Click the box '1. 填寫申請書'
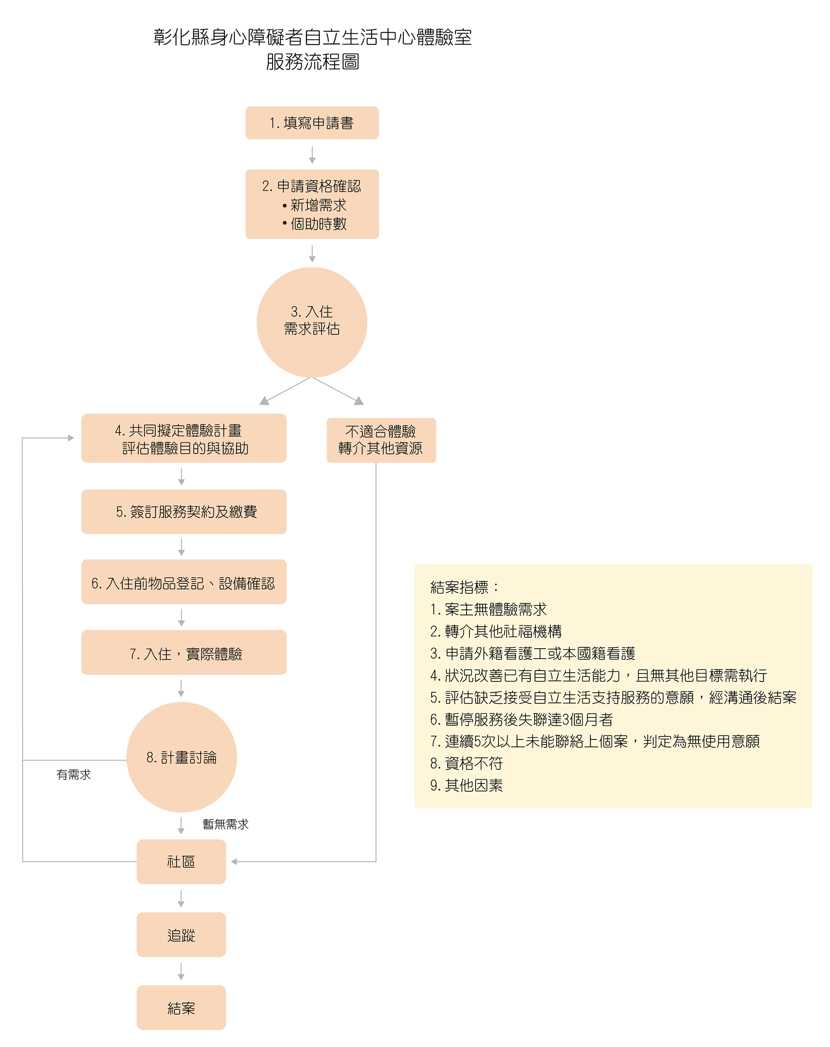[312, 123]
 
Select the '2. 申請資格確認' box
[312, 204]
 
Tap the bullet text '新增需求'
[318, 205]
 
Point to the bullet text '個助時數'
[318, 224]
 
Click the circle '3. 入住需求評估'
[312, 322]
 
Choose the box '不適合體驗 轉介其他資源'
[381, 440]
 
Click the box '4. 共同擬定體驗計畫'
[183, 438]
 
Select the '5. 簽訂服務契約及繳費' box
[183, 512]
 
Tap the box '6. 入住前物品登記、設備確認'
[183, 582]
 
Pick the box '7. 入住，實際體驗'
[183, 652]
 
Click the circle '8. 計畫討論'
[182, 757]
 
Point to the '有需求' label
[73, 775]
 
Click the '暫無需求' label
[225, 824]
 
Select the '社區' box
[181, 862]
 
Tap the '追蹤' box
[181, 935]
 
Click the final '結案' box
[181, 1008]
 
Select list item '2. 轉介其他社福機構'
[496, 631]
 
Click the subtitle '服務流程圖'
[312, 62]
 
